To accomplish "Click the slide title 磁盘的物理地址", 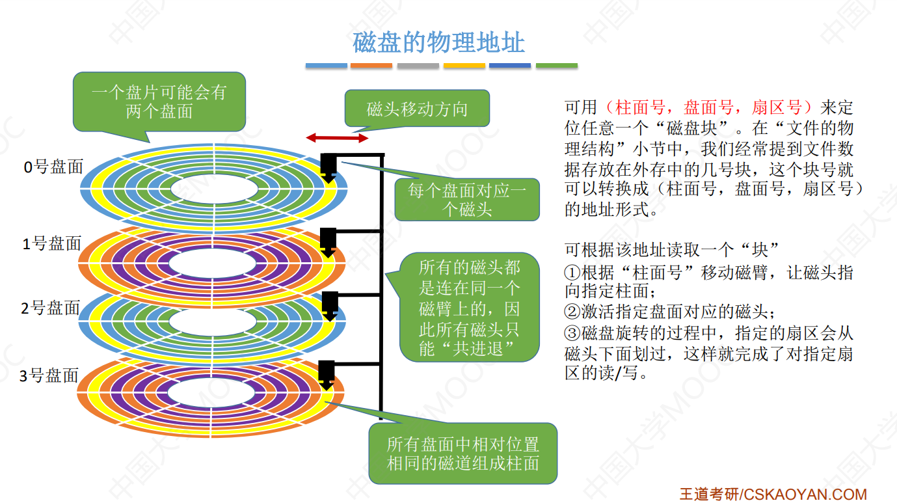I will (x=438, y=43).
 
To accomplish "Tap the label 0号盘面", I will (x=54, y=167).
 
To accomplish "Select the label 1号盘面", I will (x=52, y=244).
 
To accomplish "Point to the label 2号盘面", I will (x=51, y=308).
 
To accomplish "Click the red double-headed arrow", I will (x=337, y=138).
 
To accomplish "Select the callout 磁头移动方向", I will (x=417, y=109).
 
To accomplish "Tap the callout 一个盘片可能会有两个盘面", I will (x=159, y=102).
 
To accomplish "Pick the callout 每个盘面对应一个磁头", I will (x=467, y=200).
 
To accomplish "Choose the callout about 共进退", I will (x=469, y=307).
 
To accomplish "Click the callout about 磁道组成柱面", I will (x=462, y=454).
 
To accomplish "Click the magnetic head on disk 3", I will (x=327, y=374).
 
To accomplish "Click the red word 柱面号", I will (x=634, y=107).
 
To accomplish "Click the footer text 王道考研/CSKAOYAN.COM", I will (x=773, y=494).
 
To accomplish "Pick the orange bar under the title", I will (x=371, y=66).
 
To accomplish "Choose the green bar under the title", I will (x=556, y=66).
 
